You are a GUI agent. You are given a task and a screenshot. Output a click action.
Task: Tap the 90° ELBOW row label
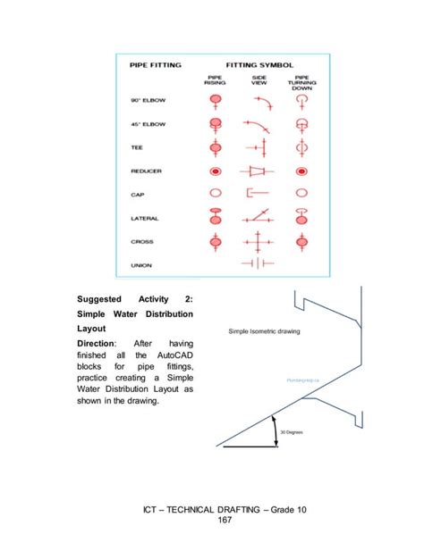click(x=149, y=100)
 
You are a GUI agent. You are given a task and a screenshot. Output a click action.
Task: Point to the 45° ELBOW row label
click(x=149, y=123)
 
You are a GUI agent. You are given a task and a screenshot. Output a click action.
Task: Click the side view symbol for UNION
click(x=258, y=263)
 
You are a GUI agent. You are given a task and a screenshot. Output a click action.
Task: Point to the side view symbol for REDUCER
click(x=258, y=170)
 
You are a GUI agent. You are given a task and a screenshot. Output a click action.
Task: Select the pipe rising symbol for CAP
click(x=215, y=193)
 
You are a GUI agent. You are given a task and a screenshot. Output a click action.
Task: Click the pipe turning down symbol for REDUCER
click(x=301, y=170)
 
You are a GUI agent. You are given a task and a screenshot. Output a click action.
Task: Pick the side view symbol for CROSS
click(x=258, y=241)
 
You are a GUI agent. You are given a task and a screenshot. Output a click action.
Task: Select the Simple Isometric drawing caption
click(x=264, y=331)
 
